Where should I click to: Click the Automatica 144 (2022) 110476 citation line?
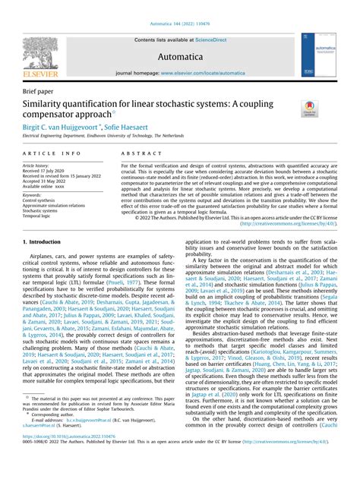(179, 25)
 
